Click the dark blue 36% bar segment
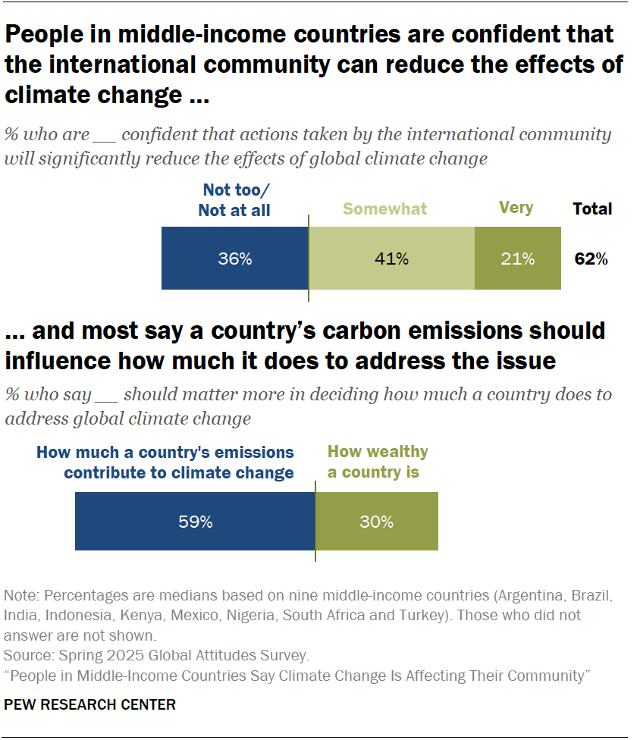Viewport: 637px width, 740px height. tap(234, 259)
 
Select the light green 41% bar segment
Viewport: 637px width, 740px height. tap(391, 259)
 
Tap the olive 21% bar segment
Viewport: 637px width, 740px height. tap(518, 259)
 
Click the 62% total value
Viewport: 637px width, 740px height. tap(591, 259)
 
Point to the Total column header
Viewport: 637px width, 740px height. tap(592, 209)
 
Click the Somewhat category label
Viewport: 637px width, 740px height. tap(384, 209)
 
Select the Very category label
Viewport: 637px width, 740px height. tap(516, 208)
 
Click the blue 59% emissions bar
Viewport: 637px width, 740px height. tap(195, 522)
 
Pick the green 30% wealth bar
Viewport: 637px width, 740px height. tap(376, 522)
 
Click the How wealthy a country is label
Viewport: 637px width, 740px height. tap(377, 462)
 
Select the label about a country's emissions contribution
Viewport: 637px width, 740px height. tap(165, 462)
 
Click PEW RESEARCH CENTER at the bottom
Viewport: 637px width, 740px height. tap(89, 705)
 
